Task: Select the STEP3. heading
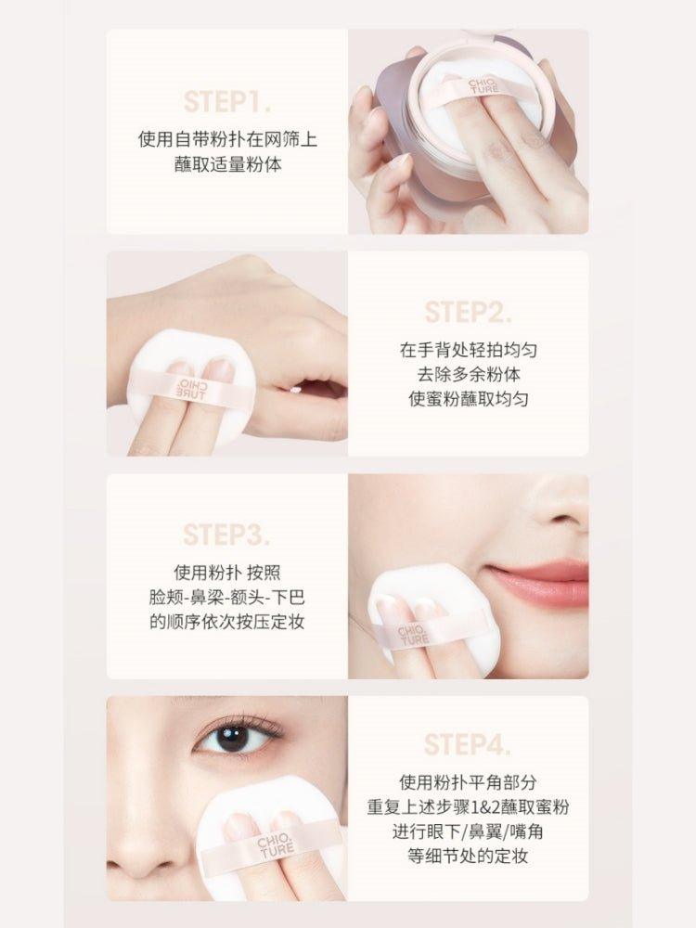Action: (x=227, y=535)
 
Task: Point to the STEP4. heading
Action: (x=468, y=744)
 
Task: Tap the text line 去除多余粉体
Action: (x=468, y=375)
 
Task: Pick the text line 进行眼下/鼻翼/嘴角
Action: (x=468, y=831)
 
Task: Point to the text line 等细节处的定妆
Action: (x=468, y=857)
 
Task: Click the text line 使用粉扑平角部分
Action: (x=468, y=781)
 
